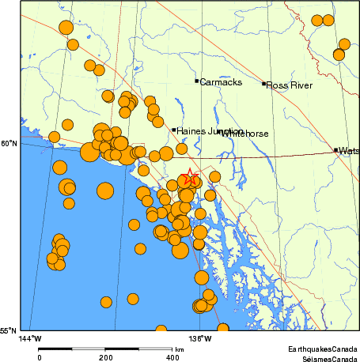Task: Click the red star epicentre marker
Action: tap(188, 179)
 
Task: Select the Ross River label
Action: tap(289, 85)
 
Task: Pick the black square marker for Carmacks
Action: tap(196, 81)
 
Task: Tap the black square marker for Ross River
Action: tap(264, 83)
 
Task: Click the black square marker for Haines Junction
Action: tap(174, 130)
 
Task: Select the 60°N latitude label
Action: tap(9, 143)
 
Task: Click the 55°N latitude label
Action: tap(9, 331)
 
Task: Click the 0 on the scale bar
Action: tap(39, 357)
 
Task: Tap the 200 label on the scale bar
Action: tap(105, 357)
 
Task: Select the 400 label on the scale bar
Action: tap(172, 357)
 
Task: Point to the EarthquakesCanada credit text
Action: tap(322, 349)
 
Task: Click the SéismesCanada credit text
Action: tap(324, 357)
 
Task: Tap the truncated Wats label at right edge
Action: tap(348, 150)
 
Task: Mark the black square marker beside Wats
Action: tap(335, 149)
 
